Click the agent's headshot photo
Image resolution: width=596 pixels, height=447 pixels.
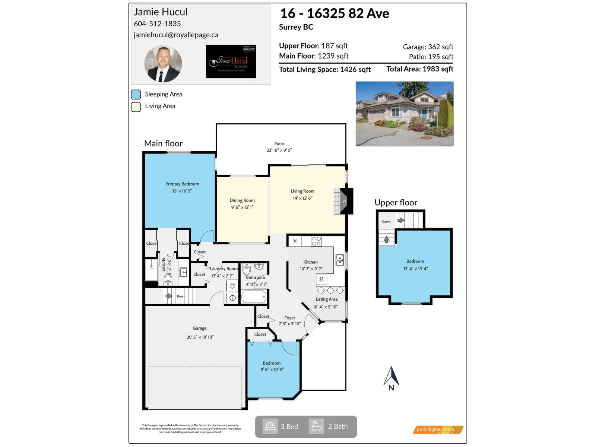point(163,64)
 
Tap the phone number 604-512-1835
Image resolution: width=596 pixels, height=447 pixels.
point(157,23)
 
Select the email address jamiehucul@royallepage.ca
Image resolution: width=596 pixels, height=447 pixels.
point(176,35)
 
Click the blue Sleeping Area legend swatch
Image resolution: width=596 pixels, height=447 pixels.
point(136,94)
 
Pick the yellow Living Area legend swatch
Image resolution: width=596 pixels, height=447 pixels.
point(136,107)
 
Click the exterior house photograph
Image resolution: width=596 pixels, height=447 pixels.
point(405,114)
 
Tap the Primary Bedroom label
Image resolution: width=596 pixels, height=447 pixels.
point(182,184)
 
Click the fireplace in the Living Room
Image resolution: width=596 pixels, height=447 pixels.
point(343,201)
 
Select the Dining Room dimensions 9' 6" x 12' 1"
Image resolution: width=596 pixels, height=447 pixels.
point(242,207)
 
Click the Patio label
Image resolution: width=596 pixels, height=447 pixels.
point(279,144)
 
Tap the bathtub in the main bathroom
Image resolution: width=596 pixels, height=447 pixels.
point(254,298)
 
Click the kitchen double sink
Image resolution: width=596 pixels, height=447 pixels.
point(339,260)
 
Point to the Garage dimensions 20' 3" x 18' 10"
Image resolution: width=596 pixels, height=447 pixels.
point(200,337)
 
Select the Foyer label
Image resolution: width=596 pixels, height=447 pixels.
point(289,318)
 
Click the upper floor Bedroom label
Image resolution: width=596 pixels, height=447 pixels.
point(415,261)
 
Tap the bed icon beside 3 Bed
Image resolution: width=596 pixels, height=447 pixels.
point(270,427)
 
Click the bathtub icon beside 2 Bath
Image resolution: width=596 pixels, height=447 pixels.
point(316,427)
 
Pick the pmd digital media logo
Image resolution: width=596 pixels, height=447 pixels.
point(438,430)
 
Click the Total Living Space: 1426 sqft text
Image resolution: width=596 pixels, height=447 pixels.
point(325,70)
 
